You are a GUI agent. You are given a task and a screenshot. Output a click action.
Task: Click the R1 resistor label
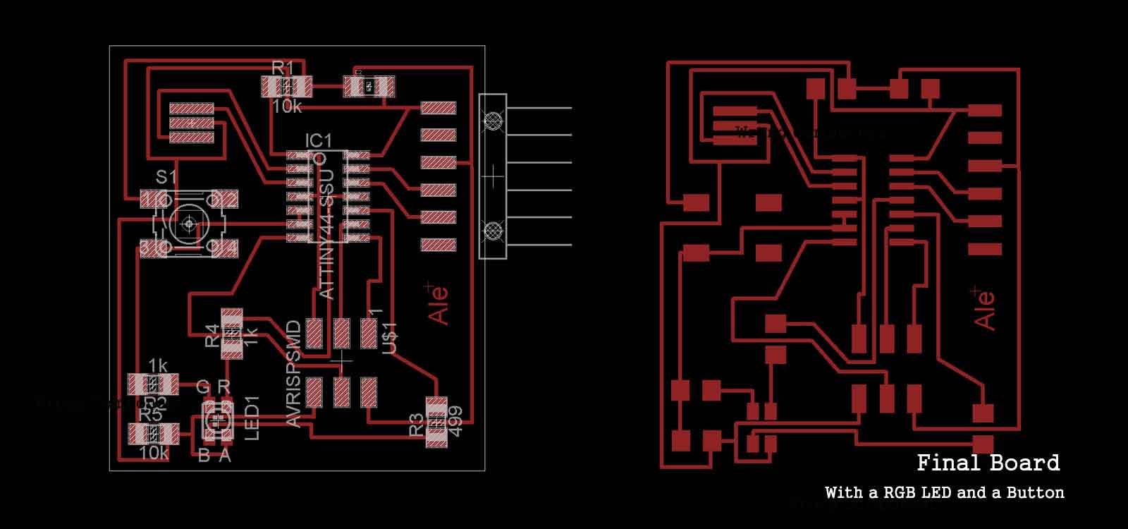tap(282, 68)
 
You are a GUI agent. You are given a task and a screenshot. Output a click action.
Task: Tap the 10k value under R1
tap(287, 107)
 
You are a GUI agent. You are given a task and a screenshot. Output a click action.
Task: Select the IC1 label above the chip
tap(318, 141)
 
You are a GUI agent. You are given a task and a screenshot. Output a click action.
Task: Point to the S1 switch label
tap(166, 177)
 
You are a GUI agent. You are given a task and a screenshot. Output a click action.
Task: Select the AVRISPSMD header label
tap(294, 373)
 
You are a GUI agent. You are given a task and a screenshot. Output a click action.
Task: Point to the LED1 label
tap(252, 418)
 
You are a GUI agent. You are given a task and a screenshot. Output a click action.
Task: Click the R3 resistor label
tap(416, 425)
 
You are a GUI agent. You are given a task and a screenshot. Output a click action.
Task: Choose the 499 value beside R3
tap(455, 421)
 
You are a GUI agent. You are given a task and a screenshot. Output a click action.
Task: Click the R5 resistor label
tap(149, 415)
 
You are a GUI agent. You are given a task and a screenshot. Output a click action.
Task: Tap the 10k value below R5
tap(153, 454)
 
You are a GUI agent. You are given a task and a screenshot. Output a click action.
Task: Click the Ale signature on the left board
tap(438, 305)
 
